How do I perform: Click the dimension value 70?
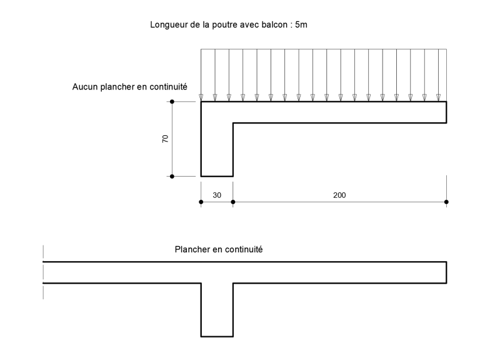165,138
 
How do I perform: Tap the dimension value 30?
217,195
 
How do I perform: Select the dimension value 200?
339,195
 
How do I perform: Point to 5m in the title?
301,24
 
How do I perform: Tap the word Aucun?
85,87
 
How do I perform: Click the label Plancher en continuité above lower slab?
219,249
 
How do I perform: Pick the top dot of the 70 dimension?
172,101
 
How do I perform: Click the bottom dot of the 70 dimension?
172,177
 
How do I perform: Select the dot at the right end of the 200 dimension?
446,202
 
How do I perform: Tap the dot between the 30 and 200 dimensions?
232,202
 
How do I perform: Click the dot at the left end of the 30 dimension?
201,202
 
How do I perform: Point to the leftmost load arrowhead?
201,98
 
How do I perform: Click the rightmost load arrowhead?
439,98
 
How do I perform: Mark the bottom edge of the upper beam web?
217,176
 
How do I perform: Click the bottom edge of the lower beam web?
217,336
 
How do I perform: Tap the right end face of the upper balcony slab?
446,112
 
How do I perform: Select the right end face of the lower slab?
446,272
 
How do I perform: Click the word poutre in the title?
224,25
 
